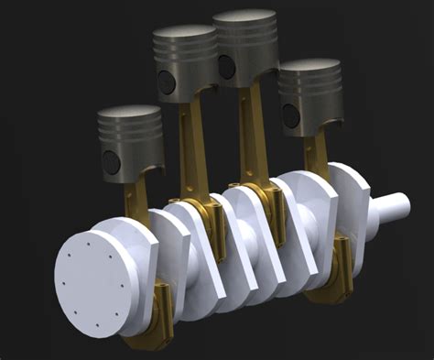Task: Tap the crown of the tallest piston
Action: [244, 17]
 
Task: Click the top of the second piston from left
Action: [184, 33]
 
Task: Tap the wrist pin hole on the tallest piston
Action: [225, 65]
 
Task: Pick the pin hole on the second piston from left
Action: [167, 83]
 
